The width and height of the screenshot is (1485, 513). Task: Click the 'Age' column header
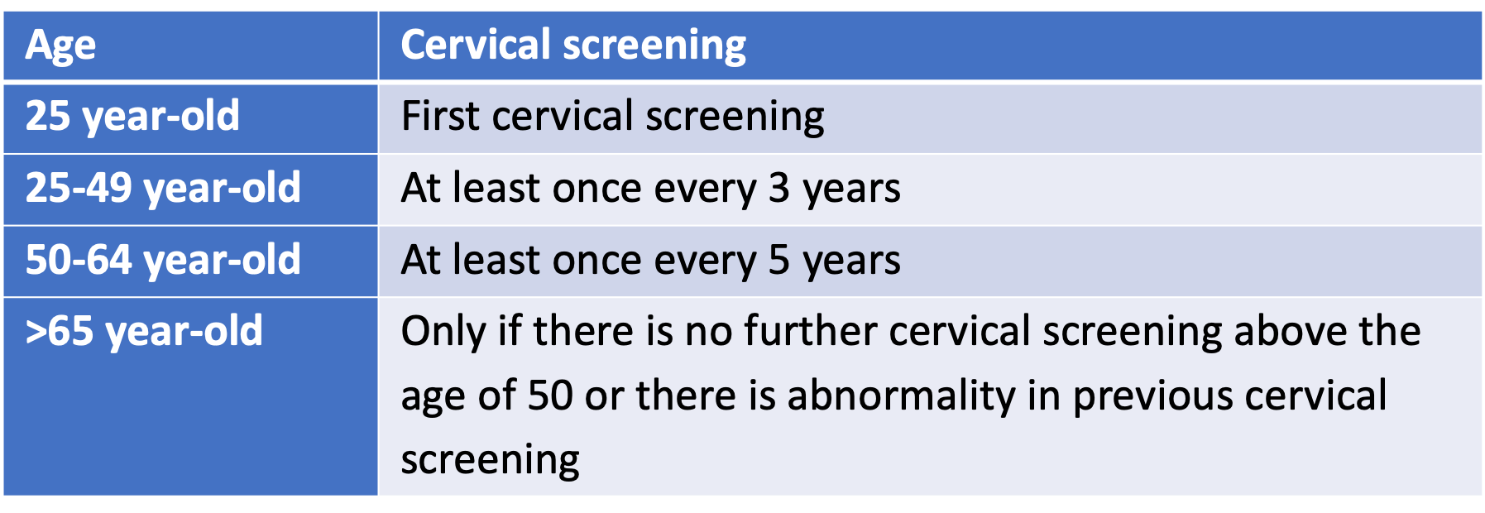coord(60,46)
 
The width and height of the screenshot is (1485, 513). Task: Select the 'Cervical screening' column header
coord(573,46)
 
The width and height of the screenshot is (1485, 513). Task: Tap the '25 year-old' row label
coord(132,117)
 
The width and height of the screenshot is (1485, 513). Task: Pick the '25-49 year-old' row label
coord(163,189)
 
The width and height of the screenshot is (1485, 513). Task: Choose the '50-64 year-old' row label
coord(163,261)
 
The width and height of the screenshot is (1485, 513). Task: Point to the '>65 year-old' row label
coord(144,332)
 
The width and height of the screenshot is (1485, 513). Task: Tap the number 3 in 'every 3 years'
coord(778,189)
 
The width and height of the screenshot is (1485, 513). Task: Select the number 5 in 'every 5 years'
coord(778,261)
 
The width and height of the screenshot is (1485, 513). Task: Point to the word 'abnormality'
coord(901,396)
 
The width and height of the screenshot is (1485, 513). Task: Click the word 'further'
coord(810,331)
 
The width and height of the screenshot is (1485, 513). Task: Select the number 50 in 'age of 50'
coord(550,396)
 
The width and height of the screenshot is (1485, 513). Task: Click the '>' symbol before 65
coord(36,332)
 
